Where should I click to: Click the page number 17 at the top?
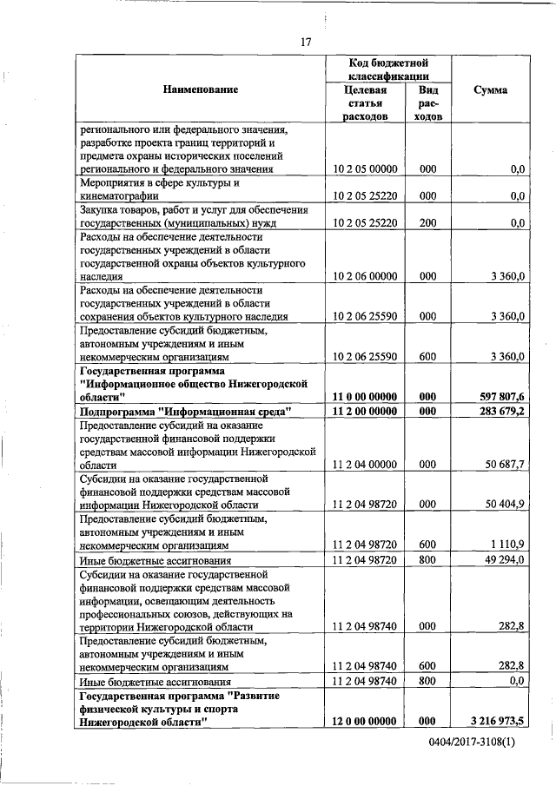[306, 42]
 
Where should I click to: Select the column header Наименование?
[200, 89]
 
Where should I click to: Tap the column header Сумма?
[491, 89]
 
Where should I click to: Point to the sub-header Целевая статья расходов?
[365, 103]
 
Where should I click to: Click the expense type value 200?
[427, 222]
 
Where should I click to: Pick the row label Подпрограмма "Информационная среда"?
[185, 411]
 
